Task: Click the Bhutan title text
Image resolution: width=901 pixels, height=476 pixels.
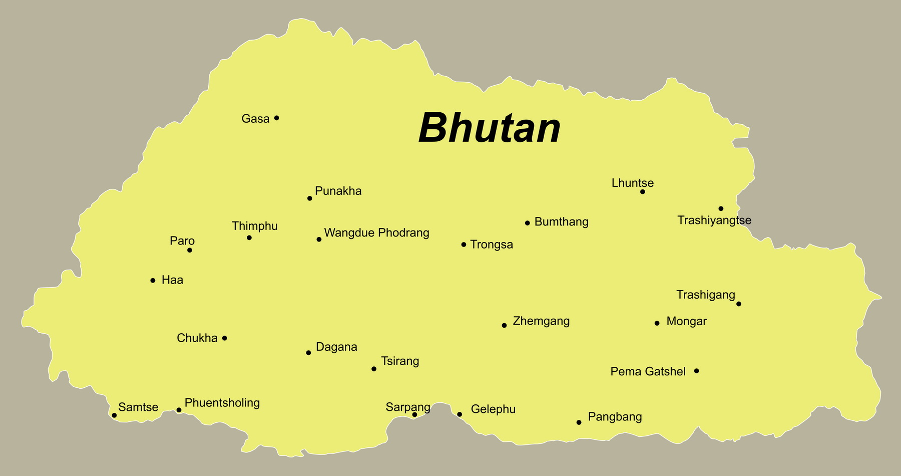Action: (489, 128)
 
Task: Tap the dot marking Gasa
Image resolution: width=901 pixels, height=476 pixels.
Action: (276, 118)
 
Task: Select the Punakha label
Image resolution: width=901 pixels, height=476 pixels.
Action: (338, 191)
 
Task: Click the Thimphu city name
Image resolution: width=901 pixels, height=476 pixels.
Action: (254, 226)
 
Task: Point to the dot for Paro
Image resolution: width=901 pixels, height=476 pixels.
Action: (190, 250)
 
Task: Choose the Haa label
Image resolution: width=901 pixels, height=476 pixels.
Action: (172, 280)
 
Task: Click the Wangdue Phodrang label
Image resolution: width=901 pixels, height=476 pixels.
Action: (376, 233)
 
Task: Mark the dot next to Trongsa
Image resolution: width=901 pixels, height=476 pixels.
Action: (464, 245)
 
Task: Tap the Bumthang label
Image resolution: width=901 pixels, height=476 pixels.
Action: (561, 222)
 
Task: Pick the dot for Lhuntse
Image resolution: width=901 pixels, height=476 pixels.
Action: (643, 192)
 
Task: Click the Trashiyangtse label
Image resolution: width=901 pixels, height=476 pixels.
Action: (714, 220)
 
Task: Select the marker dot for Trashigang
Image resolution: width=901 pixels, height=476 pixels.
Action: (738, 304)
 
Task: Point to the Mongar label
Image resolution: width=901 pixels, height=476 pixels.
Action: (686, 322)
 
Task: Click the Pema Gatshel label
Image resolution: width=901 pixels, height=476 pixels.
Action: (648, 372)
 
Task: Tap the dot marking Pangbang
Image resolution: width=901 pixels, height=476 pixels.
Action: (579, 422)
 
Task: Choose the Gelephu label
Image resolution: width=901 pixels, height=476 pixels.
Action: (493, 409)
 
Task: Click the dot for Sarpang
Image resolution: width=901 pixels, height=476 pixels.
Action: (414, 414)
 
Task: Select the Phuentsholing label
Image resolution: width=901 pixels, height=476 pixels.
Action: (222, 403)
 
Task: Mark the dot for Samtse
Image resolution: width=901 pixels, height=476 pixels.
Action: (114, 415)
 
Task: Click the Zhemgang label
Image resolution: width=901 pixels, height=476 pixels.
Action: (541, 321)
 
